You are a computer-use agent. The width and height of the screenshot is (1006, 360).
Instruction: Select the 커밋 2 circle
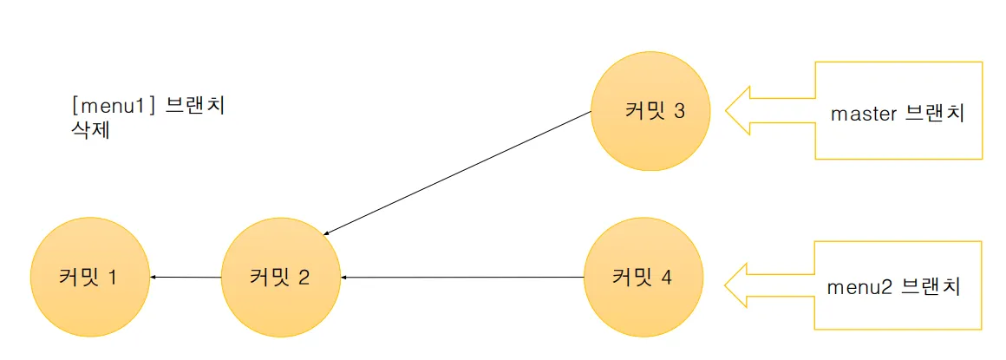tap(280, 278)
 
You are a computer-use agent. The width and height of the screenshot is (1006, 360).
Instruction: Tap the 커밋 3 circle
tap(650, 112)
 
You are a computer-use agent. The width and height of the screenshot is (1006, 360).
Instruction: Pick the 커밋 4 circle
tap(643, 278)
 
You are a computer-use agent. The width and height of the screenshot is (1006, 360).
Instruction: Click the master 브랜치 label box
tap(898, 111)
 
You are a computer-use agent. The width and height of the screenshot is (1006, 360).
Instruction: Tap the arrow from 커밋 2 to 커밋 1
tap(186, 278)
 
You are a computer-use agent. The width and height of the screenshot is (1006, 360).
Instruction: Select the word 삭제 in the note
tap(90, 133)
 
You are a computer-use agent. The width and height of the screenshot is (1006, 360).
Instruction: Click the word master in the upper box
tap(863, 114)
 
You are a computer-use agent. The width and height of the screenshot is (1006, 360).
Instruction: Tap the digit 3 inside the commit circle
tap(679, 112)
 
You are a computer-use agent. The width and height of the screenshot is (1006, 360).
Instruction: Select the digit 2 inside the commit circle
tap(304, 278)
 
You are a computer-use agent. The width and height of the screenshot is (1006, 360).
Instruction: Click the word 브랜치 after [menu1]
tap(194, 108)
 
